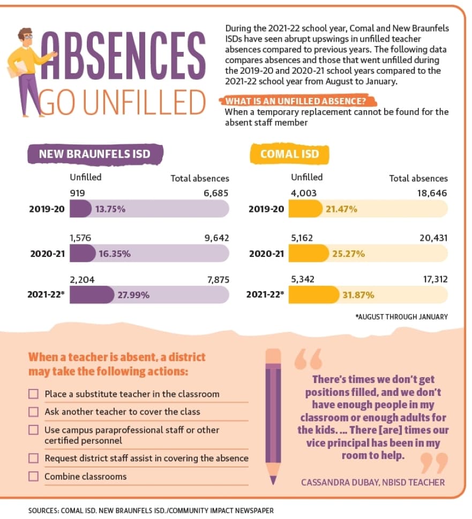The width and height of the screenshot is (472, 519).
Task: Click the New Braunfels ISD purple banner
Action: coord(95,154)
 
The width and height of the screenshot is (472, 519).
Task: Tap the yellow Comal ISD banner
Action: coord(289,154)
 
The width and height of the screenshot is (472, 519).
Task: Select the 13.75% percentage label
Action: coord(110,209)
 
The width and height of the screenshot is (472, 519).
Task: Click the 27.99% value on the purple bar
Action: coord(133,295)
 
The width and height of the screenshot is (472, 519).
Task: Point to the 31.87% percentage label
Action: coord(358,295)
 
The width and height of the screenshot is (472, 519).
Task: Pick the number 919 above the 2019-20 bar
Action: coord(77,193)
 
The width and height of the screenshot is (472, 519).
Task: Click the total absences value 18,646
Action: coord(432,193)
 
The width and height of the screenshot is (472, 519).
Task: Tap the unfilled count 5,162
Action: coord(302,238)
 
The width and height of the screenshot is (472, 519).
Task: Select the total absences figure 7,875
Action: coord(218,280)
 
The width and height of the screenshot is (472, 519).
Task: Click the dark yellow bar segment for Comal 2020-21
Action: coord(309,254)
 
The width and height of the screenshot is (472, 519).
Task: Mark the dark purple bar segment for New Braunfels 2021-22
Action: coord(92,295)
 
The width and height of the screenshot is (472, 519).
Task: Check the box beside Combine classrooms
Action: coord(33,476)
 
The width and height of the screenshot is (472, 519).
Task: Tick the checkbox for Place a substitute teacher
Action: coord(33,394)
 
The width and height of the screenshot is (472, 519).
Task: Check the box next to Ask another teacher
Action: coord(33,412)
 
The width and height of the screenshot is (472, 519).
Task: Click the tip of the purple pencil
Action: coord(273,484)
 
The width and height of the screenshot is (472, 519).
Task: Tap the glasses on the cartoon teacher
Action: coord(28,37)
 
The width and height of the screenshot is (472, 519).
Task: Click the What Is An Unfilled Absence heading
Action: coord(296,101)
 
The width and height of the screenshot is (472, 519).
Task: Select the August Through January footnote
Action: coord(402,317)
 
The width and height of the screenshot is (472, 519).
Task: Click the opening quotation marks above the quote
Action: coord(308,359)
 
